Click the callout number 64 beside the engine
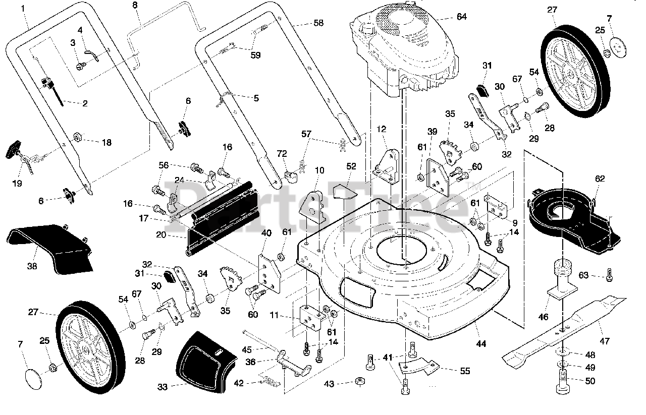461,17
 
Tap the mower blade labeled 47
564,331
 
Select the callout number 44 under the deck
481,343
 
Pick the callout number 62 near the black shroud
600,179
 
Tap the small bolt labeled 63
609,275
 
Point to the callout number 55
465,371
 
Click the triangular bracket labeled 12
387,167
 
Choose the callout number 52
351,166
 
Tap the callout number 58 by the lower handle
318,23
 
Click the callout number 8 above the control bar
135,5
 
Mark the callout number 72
282,154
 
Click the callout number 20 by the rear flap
161,235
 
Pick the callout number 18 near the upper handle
106,142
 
